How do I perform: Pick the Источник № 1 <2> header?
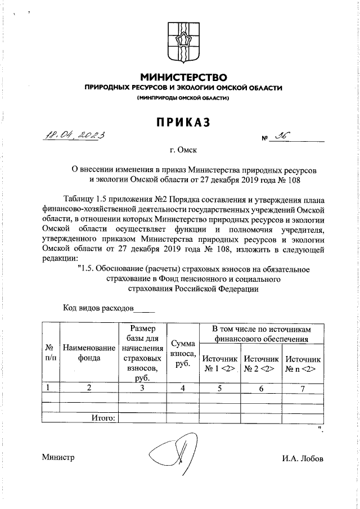220,363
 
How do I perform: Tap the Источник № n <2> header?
303,363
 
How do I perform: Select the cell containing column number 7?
303,387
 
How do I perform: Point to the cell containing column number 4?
183,387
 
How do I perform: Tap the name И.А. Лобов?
303,458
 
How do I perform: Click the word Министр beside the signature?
58,457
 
